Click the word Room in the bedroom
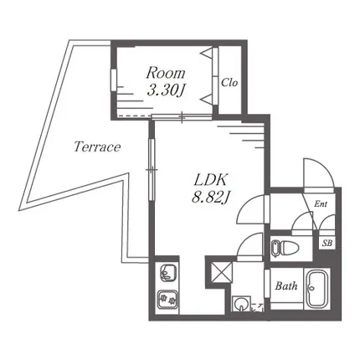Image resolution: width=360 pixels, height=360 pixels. coord(166,73)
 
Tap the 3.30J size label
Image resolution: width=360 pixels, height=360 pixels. coord(167,90)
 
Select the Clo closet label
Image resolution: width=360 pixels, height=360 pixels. coord(229,82)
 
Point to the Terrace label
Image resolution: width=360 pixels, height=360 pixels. coord(97,147)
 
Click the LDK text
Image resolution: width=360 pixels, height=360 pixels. coord(210,180)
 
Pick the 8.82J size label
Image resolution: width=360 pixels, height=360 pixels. coord(210,198)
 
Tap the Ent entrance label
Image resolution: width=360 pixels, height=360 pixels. coord(321,204)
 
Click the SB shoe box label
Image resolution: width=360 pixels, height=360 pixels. coord(327,243)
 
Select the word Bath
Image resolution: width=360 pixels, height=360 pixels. coord(286,285)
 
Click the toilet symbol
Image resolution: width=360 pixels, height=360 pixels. coord(285,248)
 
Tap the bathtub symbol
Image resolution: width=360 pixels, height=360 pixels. coord(316,289)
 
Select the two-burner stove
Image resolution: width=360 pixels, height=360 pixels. coord(167,300)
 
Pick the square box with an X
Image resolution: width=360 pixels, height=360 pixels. coord(222,272)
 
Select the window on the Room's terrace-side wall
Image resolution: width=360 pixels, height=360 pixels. coord(113,80)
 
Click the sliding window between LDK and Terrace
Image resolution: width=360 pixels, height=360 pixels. coord(152,169)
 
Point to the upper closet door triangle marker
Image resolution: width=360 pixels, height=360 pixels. coord(208,53)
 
